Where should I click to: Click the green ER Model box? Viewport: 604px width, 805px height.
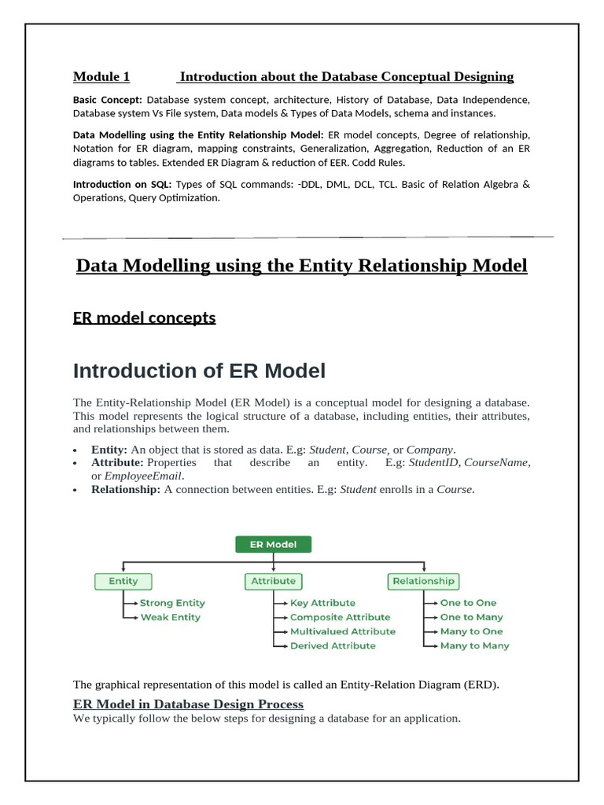273,544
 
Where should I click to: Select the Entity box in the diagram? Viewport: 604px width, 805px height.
123,581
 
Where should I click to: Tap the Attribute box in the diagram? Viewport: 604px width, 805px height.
273,581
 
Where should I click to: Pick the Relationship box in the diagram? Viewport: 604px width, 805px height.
423,581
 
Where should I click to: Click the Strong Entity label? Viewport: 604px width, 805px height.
172,603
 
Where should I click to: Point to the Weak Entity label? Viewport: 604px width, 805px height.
170,617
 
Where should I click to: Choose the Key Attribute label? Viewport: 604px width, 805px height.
322,603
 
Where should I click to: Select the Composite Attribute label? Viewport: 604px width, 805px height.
340,617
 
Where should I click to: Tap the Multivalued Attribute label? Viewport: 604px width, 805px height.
343,631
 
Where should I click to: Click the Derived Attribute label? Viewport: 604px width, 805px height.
333,645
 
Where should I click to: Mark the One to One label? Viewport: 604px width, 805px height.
468,603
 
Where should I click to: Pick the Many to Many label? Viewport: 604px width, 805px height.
474,645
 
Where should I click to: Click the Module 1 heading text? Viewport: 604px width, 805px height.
101,76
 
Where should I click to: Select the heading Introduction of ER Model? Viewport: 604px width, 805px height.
199,370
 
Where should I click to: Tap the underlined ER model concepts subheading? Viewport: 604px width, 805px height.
144,318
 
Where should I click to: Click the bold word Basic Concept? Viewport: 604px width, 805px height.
108,100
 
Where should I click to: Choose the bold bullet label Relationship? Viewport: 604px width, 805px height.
126,490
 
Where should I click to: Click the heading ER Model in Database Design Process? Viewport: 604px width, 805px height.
188,704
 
